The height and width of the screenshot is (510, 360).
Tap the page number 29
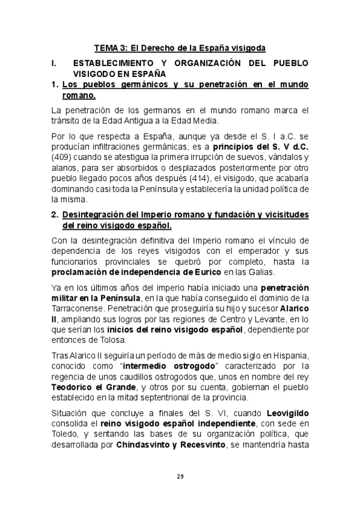(x=180, y=476)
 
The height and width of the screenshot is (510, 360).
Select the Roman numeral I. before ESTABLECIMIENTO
(x=54, y=63)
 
